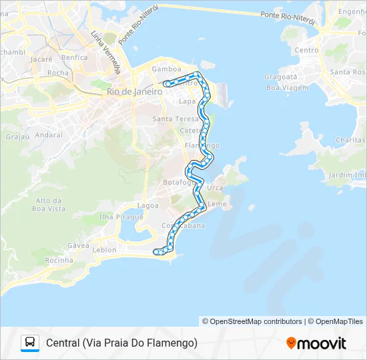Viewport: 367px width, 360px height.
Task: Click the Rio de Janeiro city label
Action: (134, 92)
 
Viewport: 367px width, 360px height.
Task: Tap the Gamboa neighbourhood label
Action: (166, 69)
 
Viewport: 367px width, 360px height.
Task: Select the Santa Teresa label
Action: (172, 119)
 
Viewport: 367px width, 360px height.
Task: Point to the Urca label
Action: (215, 187)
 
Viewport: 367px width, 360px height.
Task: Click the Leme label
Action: (218, 203)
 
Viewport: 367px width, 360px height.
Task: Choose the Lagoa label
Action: (148, 205)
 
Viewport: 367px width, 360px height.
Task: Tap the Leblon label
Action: (104, 250)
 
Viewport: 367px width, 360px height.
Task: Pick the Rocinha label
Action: (60, 260)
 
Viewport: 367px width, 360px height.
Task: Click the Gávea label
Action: (79, 245)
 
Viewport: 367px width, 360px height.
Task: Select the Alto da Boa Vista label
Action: (51, 205)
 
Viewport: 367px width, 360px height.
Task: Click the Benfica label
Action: (74, 57)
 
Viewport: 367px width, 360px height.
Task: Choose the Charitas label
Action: (350, 140)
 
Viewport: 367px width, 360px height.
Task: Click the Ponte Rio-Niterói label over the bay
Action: (288, 17)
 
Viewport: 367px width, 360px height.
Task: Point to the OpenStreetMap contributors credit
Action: (252, 321)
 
